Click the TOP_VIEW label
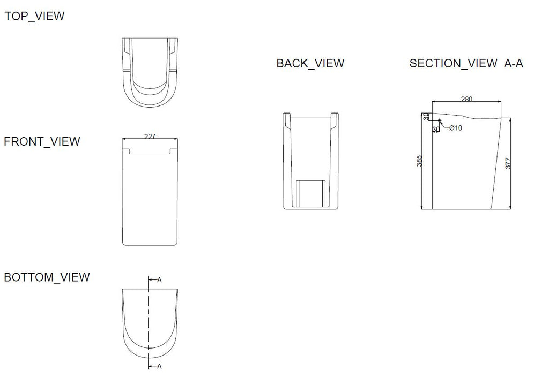[x=34, y=16]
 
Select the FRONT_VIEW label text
[x=42, y=141]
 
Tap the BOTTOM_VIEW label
[x=47, y=277]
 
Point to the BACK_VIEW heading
[x=310, y=63]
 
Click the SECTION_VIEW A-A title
[x=466, y=63]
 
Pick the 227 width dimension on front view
[x=150, y=136]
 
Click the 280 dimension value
[x=467, y=99]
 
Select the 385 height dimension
[x=419, y=161]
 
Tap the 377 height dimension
[x=508, y=163]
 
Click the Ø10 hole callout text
[x=456, y=128]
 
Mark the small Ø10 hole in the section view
[x=440, y=120]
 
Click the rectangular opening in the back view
[x=310, y=194]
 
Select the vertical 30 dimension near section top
[x=426, y=116]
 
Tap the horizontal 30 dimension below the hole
[x=436, y=130]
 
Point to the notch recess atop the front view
[x=150, y=151]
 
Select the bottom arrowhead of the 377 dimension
[x=510, y=207]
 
